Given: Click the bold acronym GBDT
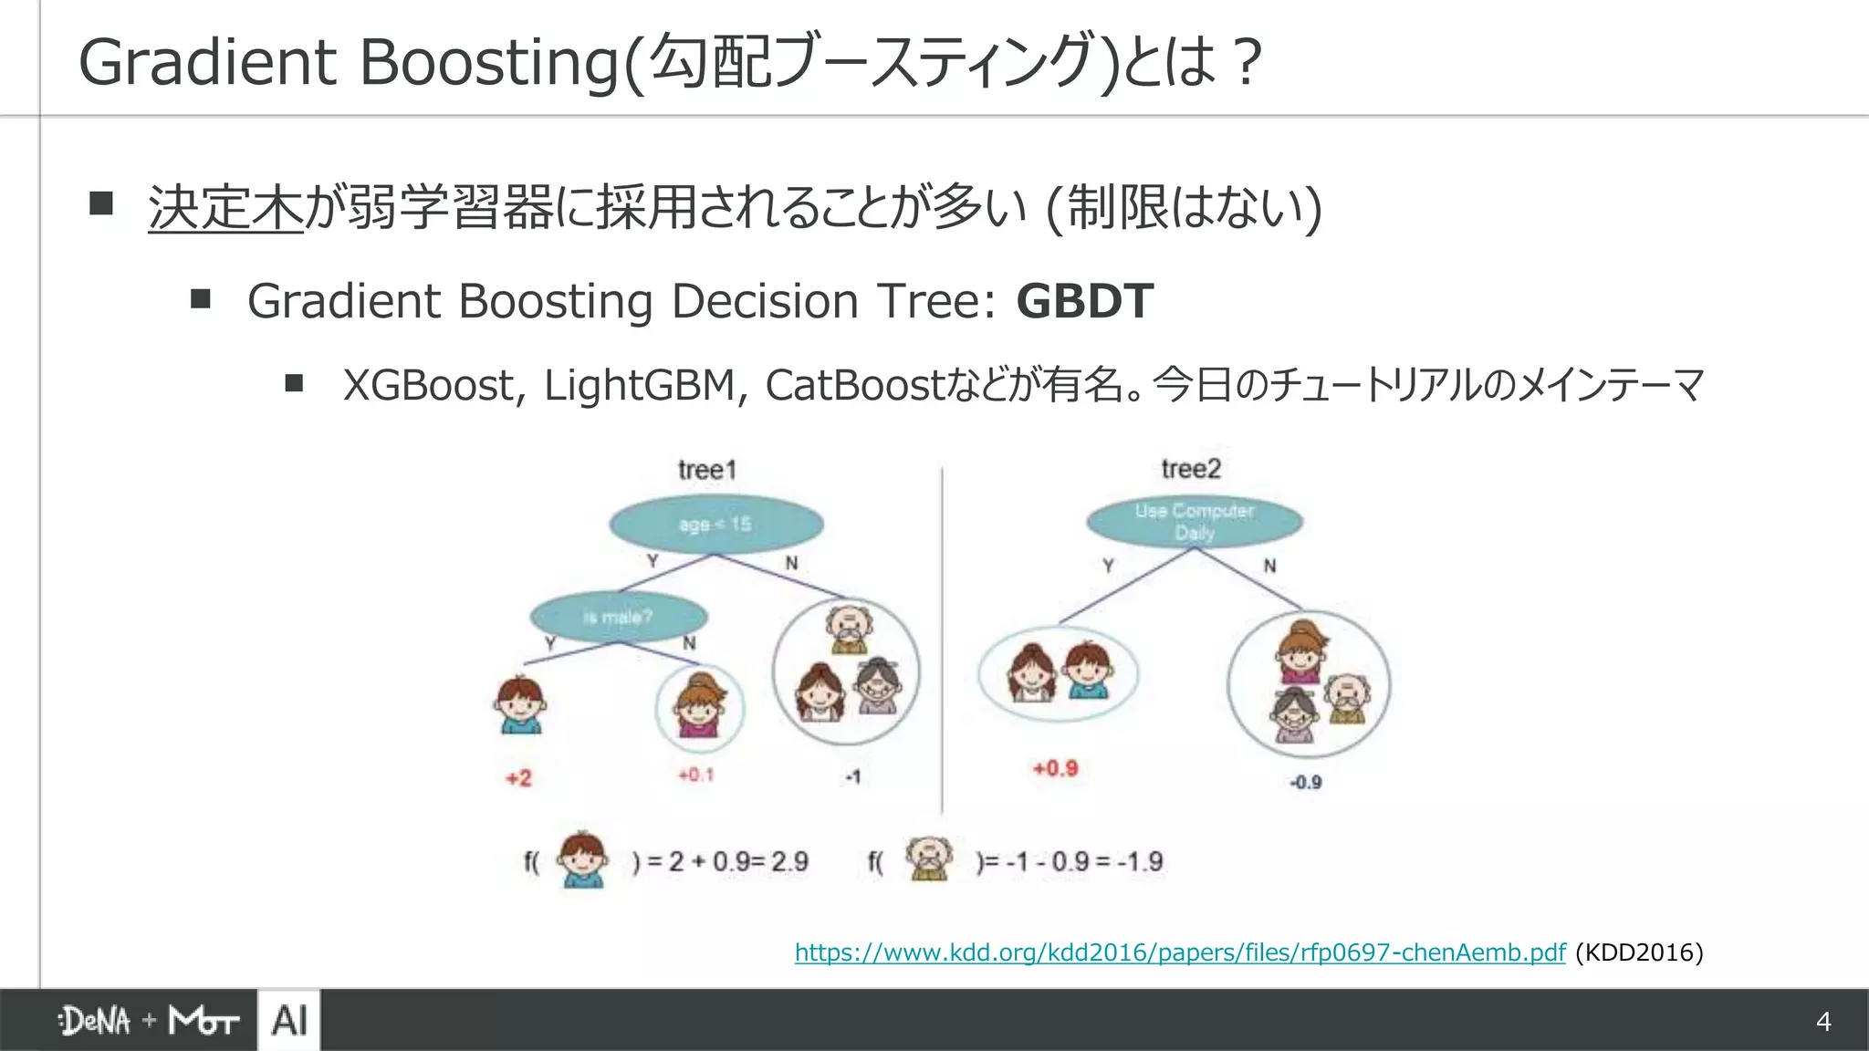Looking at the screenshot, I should [1084, 301].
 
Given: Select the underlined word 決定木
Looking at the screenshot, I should [225, 207].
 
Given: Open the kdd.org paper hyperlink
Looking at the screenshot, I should [1179, 952].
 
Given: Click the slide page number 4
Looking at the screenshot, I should [1823, 1021].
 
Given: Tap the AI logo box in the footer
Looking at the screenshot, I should [289, 1020].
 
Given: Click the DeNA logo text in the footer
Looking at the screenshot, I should [95, 1021].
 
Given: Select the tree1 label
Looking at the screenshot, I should [707, 470].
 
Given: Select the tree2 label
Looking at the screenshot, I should [1191, 469].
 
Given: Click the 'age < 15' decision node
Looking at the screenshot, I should [716, 525].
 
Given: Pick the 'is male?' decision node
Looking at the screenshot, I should [619, 617].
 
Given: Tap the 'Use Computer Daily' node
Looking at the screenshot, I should [1195, 522].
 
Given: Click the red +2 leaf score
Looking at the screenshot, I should [518, 778].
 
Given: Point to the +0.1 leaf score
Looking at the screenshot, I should [695, 775].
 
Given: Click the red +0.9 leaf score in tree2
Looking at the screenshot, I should [1055, 768].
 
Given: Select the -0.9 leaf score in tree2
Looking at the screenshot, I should [1305, 782].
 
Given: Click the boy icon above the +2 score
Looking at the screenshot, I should [520, 705].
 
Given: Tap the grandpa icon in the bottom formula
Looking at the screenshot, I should [928, 858].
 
